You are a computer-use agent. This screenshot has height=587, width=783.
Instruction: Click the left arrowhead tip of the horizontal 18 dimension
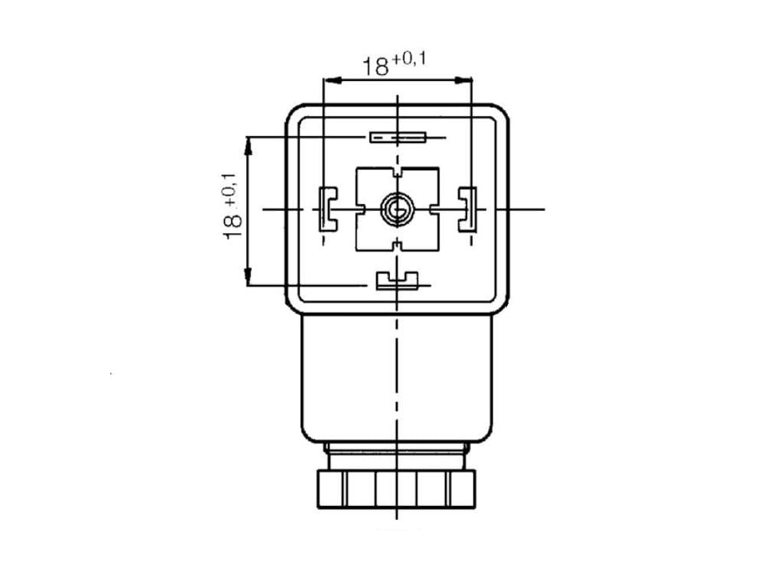pyautogui.click(x=323, y=79)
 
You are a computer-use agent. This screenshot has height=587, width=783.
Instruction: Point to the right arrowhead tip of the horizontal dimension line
pyautogui.click(x=472, y=79)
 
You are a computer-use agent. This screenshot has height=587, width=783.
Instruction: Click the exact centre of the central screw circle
pyautogui.click(x=397, y=209)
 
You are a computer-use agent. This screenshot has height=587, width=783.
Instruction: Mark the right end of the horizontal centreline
pyautogui.click(x=544, y=209)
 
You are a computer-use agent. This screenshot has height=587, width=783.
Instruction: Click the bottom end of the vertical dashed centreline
pyautogui.click(x=397, y=519)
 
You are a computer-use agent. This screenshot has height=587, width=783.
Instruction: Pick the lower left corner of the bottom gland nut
pyautogui.click(x=318, y=508)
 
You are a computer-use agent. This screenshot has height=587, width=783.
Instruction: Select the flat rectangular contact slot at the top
pyautogui.click(x=398, y=138)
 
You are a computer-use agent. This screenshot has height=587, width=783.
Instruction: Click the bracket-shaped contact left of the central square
pyautogui.click(x=328, y=209)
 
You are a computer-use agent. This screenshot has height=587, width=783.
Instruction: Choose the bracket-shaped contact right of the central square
pyautogui.click(x=467, y=209)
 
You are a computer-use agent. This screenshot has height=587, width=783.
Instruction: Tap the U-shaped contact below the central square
pyautogui.click(x=397, y=281)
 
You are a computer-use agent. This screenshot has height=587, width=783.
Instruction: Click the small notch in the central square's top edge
pyautogui.click(x=398, y=172)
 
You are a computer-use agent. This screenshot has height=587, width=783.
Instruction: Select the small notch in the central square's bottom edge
pyautogui.click(x=398, y=245)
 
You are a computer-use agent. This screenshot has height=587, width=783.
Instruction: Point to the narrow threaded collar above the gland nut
pyautogui.click(x=397, y=456)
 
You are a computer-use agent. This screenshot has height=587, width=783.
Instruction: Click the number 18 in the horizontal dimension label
pyautogui.click(x=375, y=66)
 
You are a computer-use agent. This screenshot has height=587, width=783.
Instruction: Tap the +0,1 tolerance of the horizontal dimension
pyautogui.click(x=409, y=60)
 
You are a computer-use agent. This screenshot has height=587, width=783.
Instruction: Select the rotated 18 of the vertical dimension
pyautogui.click(x=232, y=227)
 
